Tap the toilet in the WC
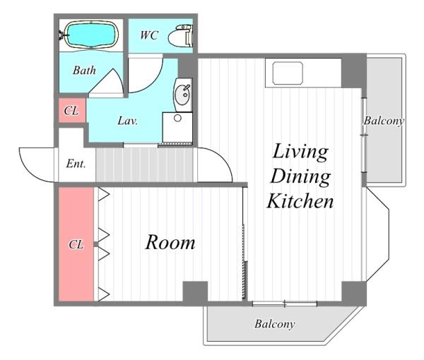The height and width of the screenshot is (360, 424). click(x=180, y=35)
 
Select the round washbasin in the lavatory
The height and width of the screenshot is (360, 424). click(x=183, y=95)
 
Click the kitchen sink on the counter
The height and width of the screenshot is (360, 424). click(x=288, y=73)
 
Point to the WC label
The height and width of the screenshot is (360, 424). click(x=149, y=35)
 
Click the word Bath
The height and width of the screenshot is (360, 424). click(x=84, y=70)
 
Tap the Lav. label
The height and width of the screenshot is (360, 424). click(x=128, y=121)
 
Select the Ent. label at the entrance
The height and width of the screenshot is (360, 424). click(x=76, y=163)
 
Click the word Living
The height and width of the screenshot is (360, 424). click(x=300, y=152)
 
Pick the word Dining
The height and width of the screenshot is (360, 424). click(x=300, y=177)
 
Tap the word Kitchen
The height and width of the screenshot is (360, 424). click(x=300, y=201)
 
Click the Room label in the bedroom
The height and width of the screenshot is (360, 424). click(x=170, y=242)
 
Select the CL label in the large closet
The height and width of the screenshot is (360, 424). click(x=76, y=245)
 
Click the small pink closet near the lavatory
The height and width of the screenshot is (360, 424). click(x=72, y=110)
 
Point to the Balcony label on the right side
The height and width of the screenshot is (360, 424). click(x=384, y=121)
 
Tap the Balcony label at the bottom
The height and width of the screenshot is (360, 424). click(x=274, y=323)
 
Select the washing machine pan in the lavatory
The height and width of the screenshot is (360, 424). click(x=177, y=128)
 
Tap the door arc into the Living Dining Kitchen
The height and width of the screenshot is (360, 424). click(x=224, y=158)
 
